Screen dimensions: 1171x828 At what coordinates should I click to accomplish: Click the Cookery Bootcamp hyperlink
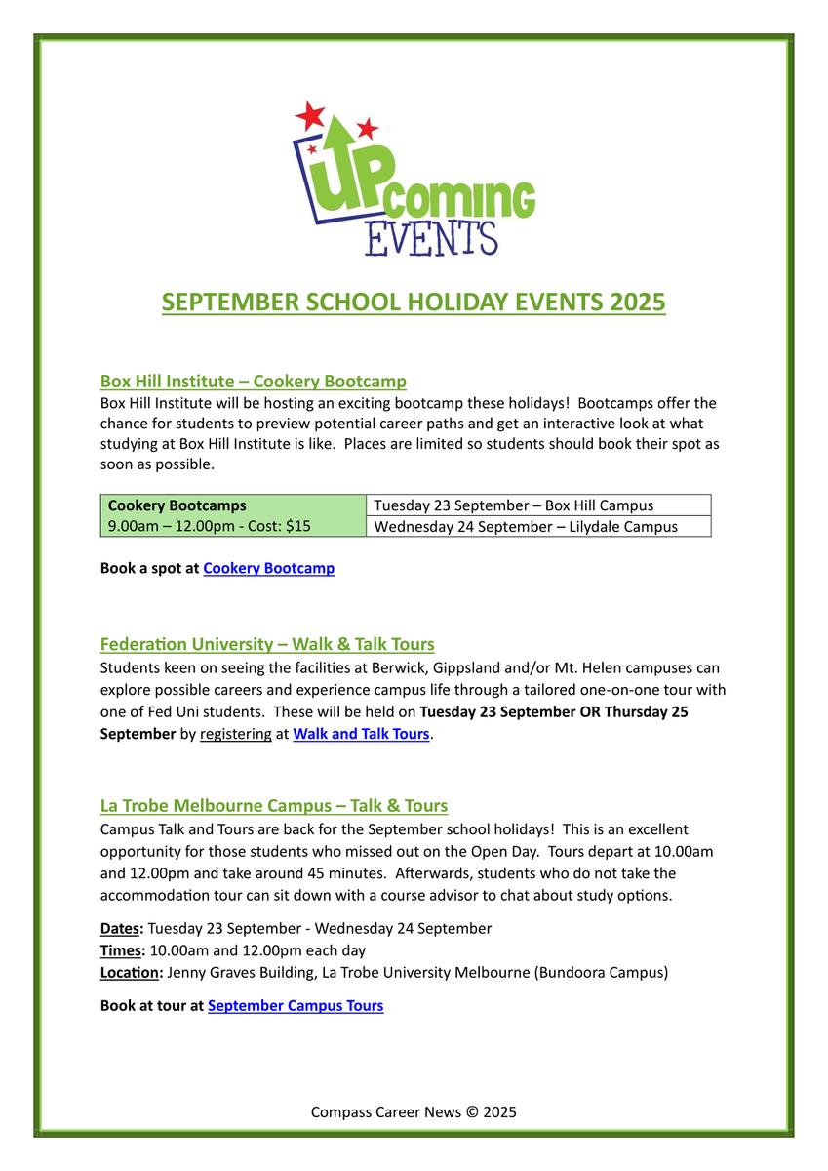(268, 568)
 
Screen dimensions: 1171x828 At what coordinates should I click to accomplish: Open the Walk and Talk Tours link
(361, 734)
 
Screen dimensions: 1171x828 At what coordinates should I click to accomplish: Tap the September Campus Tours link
(296, 1005)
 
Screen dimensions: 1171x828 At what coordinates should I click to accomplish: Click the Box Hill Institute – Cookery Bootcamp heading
(253, 381)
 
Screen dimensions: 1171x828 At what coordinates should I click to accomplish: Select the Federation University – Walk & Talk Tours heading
(267, 644)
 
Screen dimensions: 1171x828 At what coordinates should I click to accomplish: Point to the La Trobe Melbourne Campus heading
(274, 805)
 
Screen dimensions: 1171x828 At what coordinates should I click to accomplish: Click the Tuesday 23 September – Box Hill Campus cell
(513, 505)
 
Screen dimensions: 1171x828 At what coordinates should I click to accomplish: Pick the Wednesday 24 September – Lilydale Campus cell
(525, 526)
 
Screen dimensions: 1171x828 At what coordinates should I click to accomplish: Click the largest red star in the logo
(310, 116)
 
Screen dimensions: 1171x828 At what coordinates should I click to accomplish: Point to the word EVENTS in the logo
(430, 237)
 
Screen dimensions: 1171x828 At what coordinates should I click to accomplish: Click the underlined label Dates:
(122, 928)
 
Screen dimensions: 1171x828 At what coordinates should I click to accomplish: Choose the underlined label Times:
(122, 950)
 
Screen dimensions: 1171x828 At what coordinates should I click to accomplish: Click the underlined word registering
(236, 734)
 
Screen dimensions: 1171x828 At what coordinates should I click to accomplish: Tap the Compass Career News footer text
(414, 1111)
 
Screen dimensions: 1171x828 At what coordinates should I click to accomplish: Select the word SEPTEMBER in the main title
(231, 303)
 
